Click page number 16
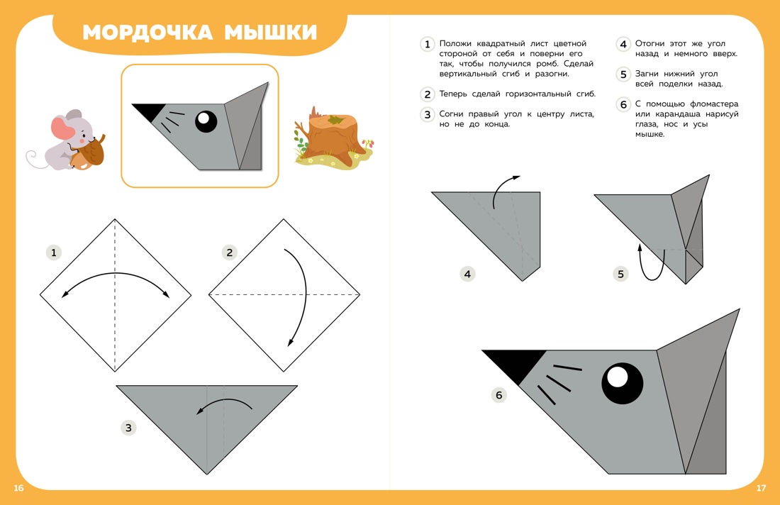pos(18,488)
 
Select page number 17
pos(761,488)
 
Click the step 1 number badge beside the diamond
pos(54,252)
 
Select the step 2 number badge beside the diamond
pos(228,252)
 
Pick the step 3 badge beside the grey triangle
pos(128,428)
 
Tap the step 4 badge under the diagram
pos(467,274)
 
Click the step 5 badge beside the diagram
pos(621,274)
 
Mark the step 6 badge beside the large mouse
pos(499,395)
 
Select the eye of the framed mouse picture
pos(206,121)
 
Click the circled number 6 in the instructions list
pos(623,105)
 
